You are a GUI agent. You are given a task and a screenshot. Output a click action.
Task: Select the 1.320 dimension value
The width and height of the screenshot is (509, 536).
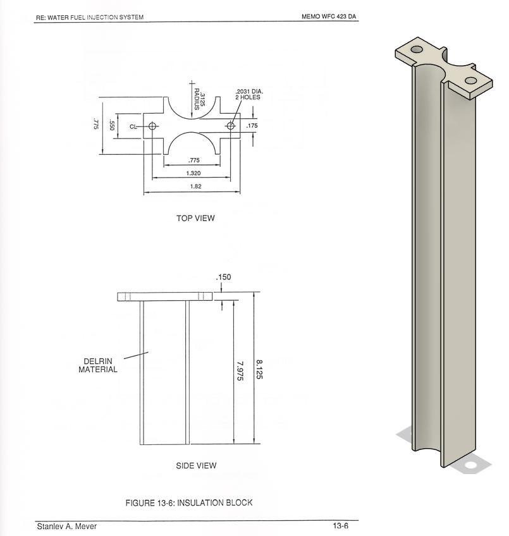194,173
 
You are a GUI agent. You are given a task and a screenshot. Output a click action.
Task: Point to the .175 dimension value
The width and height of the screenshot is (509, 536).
252,126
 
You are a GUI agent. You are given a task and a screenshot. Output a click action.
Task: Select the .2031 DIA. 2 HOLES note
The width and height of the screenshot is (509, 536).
248,95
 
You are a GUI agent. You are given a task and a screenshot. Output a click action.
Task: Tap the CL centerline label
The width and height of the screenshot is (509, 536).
133,126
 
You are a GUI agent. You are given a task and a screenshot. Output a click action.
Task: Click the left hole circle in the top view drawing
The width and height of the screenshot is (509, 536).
152,126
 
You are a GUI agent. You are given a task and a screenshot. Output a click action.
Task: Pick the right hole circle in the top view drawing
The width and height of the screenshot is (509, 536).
231,126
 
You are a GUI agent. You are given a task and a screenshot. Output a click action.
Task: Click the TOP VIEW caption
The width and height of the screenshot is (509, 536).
195,219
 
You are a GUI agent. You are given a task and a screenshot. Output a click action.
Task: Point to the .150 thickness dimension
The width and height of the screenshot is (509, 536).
223,277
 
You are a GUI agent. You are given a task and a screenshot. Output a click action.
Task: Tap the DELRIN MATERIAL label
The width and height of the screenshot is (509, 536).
98,366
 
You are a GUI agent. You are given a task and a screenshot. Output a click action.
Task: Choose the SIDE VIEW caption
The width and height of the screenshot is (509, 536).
196,466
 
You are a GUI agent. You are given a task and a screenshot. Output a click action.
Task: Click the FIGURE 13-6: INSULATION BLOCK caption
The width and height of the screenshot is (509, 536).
189,503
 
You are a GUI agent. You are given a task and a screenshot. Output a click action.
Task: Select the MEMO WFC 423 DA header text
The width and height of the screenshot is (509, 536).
330,16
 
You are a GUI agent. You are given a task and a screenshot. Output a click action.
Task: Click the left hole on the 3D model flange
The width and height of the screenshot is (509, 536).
416,49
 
